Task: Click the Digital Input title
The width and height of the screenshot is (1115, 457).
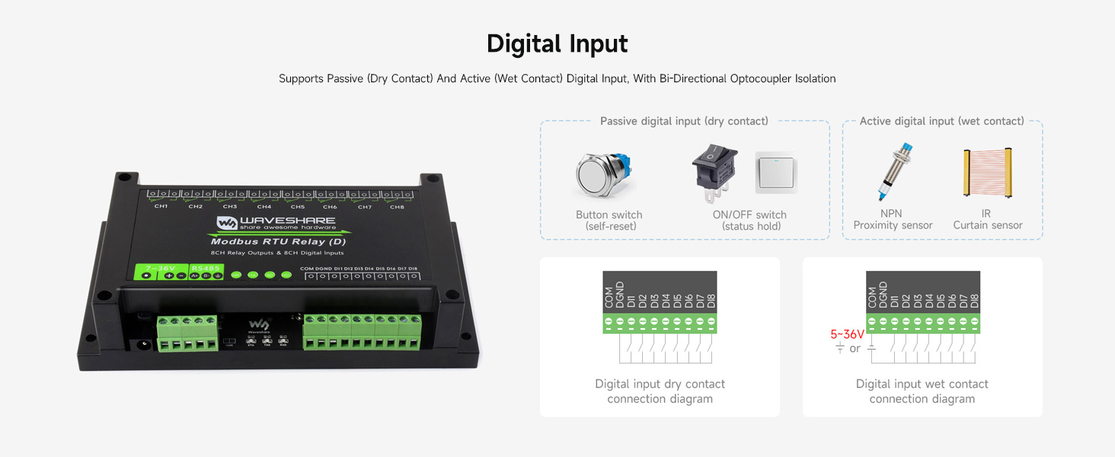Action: (x=557, y=44)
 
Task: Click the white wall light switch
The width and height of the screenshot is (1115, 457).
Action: (x=775, y=172)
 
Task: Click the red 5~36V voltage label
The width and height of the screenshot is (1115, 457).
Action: (x=847, y=334)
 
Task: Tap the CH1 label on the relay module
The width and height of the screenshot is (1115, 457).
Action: (x=161, y=206)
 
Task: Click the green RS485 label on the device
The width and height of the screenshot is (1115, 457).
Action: (x=205, y=268)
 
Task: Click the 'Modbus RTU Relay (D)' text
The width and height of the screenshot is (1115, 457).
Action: (x=276, y=242)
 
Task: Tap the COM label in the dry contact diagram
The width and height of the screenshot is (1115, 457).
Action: (x=609, y=298)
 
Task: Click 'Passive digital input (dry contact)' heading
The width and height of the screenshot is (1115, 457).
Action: (x=684, y=121)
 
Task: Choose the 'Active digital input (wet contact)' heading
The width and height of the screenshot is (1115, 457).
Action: (x=941, y=121)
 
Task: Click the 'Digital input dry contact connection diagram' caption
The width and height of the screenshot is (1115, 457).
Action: (x=660, y=391)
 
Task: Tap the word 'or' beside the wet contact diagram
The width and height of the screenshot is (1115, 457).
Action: (x=855, y=349)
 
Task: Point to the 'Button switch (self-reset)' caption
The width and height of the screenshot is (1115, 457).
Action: (x=609, y=220)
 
